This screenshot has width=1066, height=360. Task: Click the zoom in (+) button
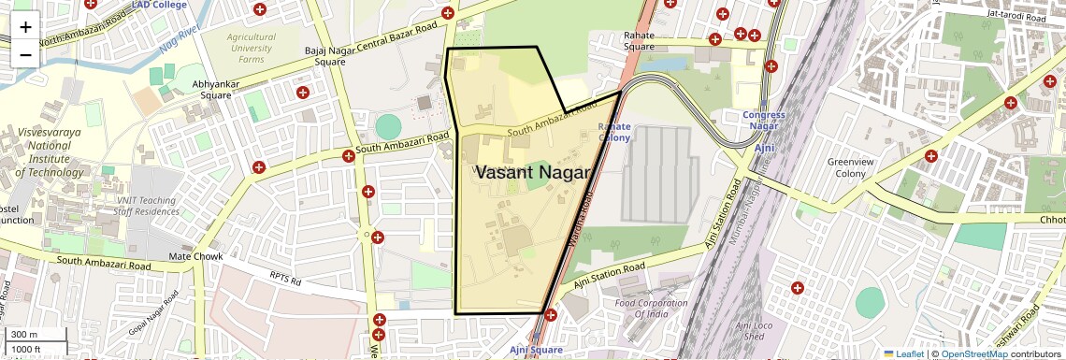pos(25,26)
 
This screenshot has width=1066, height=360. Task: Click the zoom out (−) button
pos(25,54)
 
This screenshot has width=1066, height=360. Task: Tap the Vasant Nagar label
pos(533,173)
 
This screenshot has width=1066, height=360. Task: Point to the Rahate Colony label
pos(614,132)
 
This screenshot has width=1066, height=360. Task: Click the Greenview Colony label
pos(851,167)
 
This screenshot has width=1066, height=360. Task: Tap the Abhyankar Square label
pos(211,89)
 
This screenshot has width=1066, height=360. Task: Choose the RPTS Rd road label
pos(286,280)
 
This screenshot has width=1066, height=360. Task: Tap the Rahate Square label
pos(639,41)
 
